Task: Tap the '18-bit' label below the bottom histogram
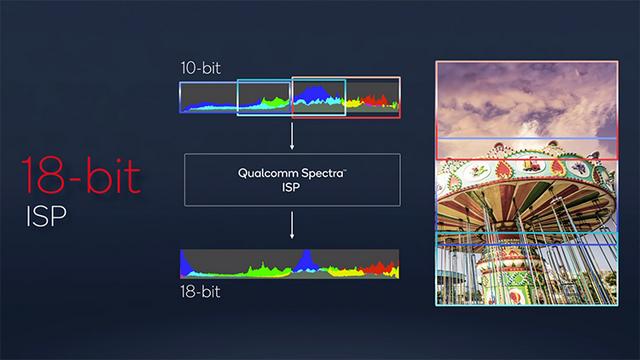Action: click(x=202, y=293)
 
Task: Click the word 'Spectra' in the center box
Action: click(x=318, y=171)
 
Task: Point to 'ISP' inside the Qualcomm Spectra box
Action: click(x=292, y=186)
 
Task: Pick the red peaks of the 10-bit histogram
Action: click(x=379, y=100)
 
